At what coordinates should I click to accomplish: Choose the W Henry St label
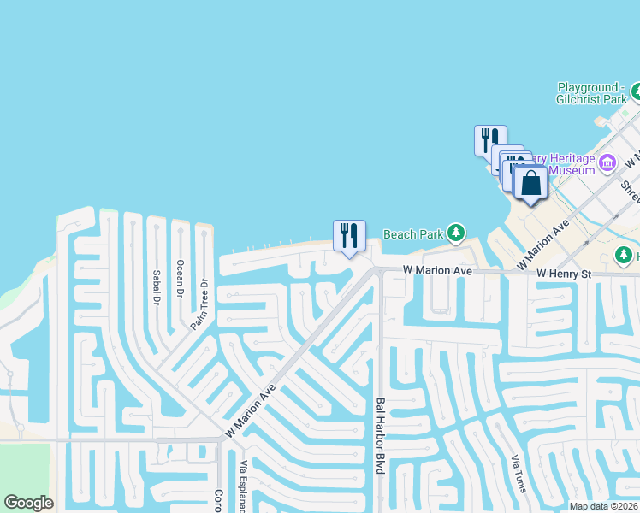564,273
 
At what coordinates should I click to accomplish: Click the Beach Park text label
413,233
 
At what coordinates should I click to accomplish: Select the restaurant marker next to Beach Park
349,235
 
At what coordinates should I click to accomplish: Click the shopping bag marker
531,183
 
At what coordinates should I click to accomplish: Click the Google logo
28,503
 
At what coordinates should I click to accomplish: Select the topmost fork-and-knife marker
490,139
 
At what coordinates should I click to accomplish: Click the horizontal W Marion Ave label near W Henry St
438,271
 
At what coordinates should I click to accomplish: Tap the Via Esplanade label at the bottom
244,485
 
